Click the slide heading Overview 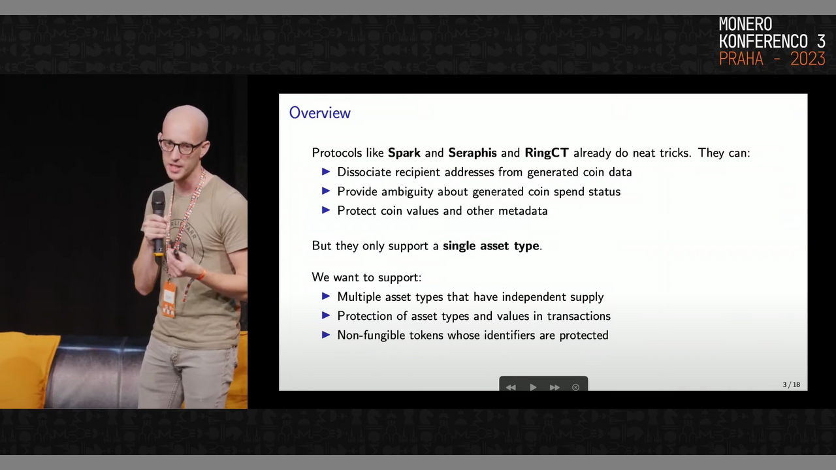(x=320, y=113)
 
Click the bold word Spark (x=404, y=153)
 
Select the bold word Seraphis (x=472, y=153)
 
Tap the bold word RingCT (x=547, y=153)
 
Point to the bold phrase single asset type (x=491, y=246)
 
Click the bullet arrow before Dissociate (x=326, y=172)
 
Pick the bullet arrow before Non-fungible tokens (x=326, y=335)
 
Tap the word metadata (x=523, y=211)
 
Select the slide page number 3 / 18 (x=791, y=384)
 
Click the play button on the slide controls (x=533, y=387)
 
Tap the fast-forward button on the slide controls (x=555, y=387)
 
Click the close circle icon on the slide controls (x=575, y=387)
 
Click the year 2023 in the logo (x=808, y=59)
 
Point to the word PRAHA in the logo (x=741, y=59)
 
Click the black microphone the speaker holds (x=158, y=223)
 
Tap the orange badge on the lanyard (x=169, y=299)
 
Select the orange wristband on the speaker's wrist (x=201, y=275)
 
